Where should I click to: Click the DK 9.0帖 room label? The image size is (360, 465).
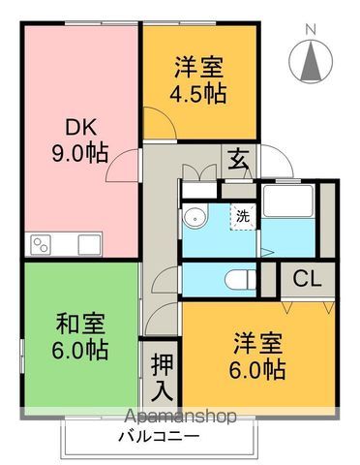pos(80,140)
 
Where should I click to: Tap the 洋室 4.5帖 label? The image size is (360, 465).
pos(198,79)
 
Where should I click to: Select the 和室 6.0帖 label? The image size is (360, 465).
pos(80,336)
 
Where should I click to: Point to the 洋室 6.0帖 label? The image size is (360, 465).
pos(257,356)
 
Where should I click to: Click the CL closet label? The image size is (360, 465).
pos(307,279)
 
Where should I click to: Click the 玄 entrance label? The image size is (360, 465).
pos(238,161)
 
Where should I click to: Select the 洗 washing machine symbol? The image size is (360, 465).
pos(243,217)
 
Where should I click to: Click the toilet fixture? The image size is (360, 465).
pos(241,280)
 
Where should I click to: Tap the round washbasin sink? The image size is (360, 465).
pos(195,218)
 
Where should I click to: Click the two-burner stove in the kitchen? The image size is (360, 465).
pos(41,245)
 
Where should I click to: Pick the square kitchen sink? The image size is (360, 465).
pos(89,245)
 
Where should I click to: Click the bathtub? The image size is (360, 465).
pos(288,201)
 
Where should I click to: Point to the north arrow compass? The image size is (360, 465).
pos(311,61)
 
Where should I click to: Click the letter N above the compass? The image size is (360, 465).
pos(311,30)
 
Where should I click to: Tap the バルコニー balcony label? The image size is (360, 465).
pos(159,437)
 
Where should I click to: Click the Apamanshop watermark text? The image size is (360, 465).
pos(180,417)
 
